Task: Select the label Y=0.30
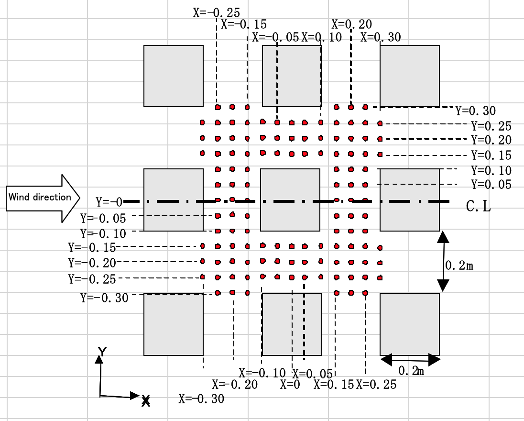(475, 111)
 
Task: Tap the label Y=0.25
(491, 126)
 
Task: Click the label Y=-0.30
(104, 298)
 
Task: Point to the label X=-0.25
(217, 12)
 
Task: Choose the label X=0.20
(351, 24)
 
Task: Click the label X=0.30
(381, 37)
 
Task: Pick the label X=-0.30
(201, 398)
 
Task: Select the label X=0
(290, 384)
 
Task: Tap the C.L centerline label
(478, 206)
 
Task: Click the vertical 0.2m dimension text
(459, 266)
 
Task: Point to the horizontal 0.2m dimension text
(411, 370)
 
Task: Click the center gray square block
(290, 199)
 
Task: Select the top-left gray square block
(174, 76)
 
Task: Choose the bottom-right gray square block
(409, 324)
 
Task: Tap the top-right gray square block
(409, 76)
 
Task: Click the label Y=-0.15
(92, 248)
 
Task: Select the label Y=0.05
(491, 184)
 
